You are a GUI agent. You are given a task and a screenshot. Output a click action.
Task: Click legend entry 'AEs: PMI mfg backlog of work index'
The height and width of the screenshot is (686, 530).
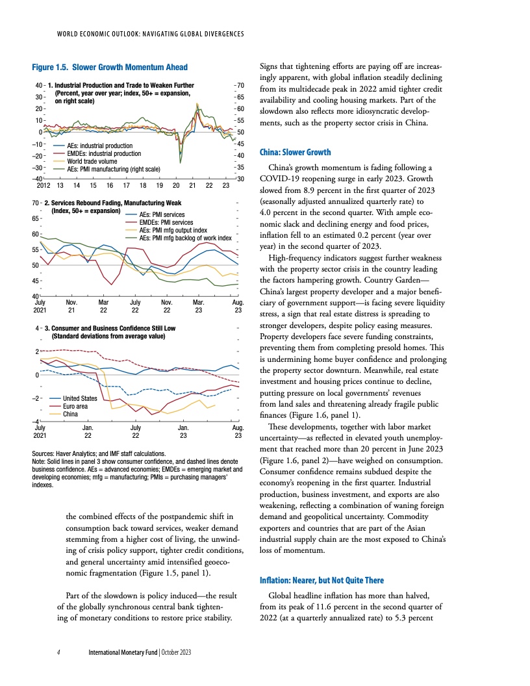(x=186, y=238)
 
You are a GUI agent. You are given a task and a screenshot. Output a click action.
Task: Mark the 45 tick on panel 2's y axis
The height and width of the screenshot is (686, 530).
(x=35, y=281)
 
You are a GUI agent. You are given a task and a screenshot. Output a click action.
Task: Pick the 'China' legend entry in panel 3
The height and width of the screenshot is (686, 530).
(x=72, y=414)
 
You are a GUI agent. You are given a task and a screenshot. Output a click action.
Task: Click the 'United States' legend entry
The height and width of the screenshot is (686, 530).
(x=80, y=398)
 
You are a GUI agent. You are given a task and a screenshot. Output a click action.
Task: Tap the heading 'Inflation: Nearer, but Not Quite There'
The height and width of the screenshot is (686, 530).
(x=322, y=580)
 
